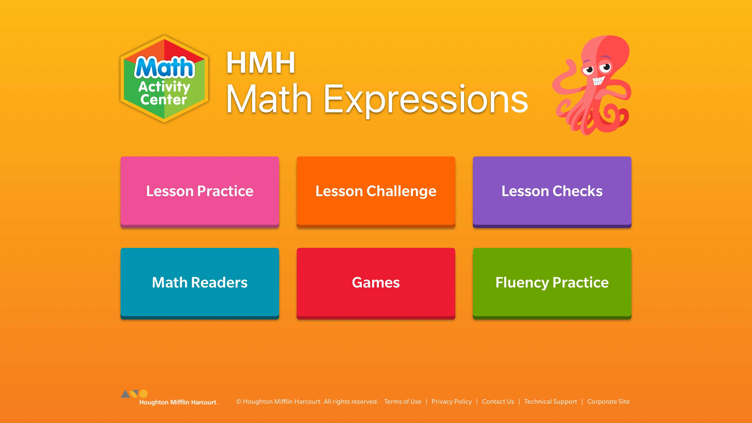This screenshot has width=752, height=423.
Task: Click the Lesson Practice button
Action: [200, 192]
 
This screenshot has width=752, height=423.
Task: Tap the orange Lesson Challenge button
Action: [376, 192]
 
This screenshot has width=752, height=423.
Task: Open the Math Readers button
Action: [200, 283]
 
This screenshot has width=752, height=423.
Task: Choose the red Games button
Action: [376, 283]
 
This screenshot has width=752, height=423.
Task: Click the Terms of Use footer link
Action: [403, 402]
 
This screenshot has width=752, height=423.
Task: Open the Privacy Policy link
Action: [452, 402]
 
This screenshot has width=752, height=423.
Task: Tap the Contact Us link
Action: [498, 402]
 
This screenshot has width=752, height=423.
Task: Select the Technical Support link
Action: [551, 402]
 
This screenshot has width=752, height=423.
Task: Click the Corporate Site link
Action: [608, 402]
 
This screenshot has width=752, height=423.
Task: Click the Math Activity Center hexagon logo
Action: [164, 79]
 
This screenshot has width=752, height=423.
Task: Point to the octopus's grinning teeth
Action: [598, 81]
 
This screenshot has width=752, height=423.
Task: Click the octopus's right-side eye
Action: [606, 67]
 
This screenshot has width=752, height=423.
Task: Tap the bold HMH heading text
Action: [261, 63]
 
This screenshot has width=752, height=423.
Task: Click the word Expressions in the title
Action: [426, 99]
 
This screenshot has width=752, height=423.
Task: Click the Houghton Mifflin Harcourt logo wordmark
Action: [178, 402]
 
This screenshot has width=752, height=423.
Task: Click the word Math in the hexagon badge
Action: [164, 67]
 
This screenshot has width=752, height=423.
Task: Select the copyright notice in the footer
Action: [307, 402]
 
